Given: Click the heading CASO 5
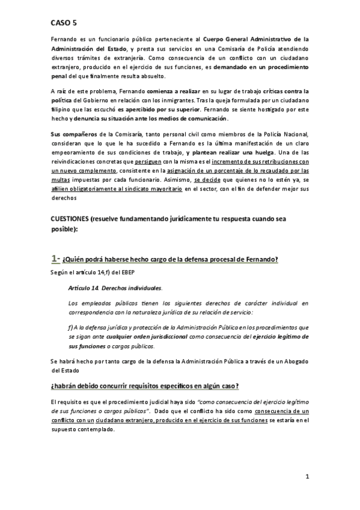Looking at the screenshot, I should coord(64,22).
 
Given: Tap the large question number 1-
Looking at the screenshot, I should coord(55,259).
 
